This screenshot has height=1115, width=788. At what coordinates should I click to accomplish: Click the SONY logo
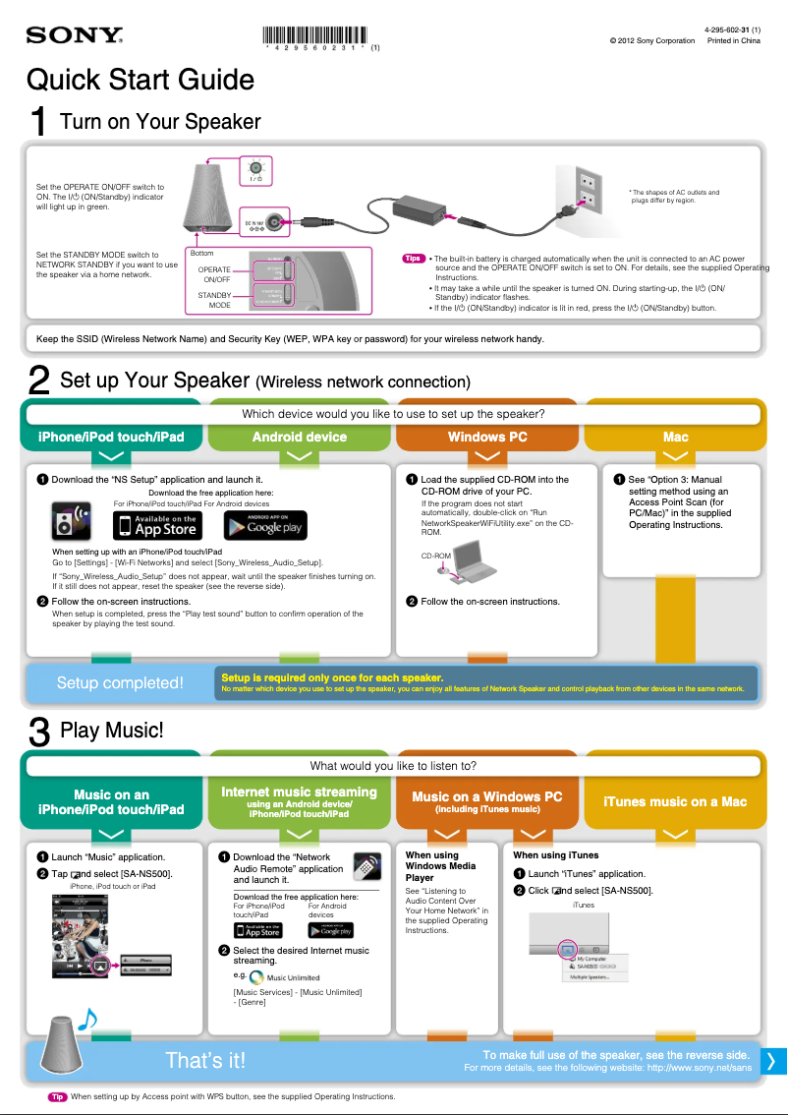(x=74, y=36)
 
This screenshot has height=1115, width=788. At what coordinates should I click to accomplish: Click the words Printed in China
(x=734, y=40)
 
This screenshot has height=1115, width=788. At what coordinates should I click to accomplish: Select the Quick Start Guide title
(x=141, y=80)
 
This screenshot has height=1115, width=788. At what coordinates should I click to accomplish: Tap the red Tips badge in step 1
(x=414, y=259)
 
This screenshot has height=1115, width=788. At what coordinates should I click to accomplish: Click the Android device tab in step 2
(x=300, y=437)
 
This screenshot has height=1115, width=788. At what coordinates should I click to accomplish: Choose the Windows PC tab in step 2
(x=487, y=437)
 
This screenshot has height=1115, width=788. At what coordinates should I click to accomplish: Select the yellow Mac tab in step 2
(x=675, y=437)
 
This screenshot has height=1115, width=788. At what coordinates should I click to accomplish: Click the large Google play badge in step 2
(x=265, y=526)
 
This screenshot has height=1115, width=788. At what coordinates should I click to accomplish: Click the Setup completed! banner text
(x=120, y=682)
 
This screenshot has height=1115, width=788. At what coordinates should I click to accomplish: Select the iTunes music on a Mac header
(x=675, y=801)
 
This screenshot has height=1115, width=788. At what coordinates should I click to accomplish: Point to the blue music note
(x=87, y=1020)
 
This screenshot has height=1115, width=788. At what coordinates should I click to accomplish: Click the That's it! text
(x=205, y=1060)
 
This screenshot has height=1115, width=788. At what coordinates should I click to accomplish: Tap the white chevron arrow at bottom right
(x=771, y=1060)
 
